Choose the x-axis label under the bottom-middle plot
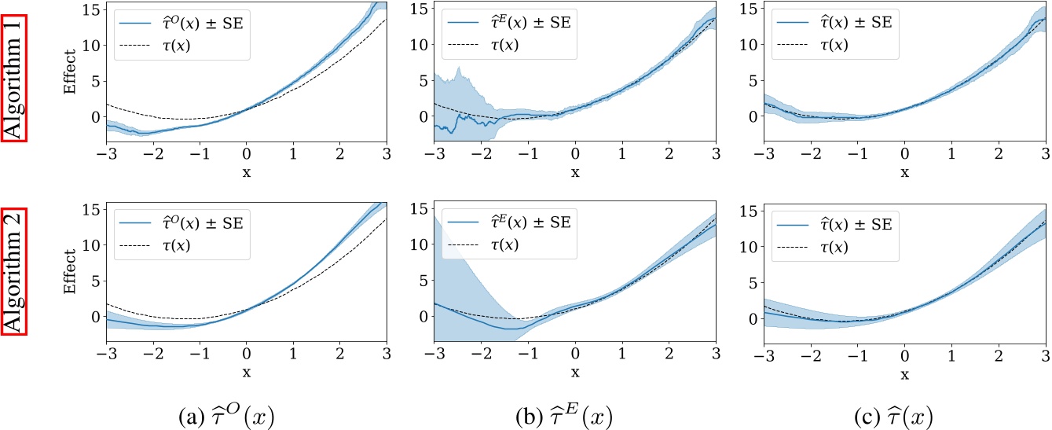click(575, 371)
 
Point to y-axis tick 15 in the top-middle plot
click(417, 9)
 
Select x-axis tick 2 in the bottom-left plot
click(339, 355)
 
